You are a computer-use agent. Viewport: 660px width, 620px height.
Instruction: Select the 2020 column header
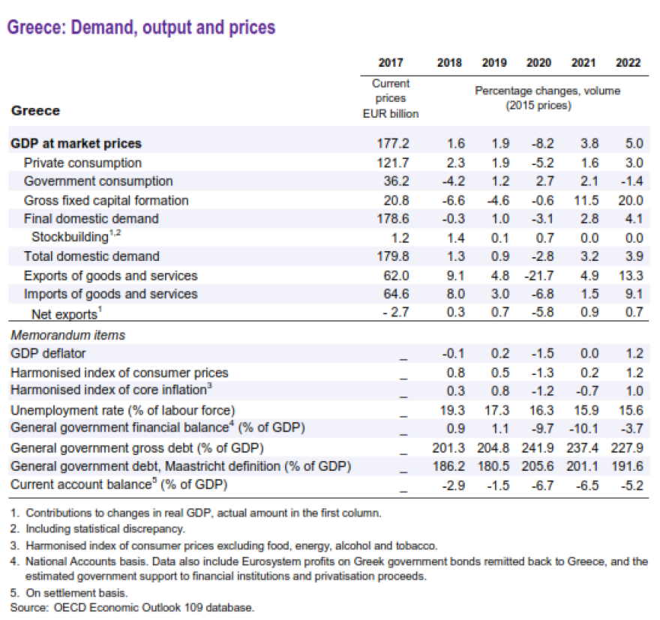538,63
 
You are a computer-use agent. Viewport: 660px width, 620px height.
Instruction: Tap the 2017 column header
390,63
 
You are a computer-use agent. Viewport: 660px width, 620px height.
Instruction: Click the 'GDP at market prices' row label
76,143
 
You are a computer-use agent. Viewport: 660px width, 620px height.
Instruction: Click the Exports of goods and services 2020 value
538,275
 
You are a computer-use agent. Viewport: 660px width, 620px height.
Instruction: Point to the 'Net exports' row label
64,313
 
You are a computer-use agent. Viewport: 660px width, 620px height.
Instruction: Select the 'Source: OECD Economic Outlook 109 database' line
133,607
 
